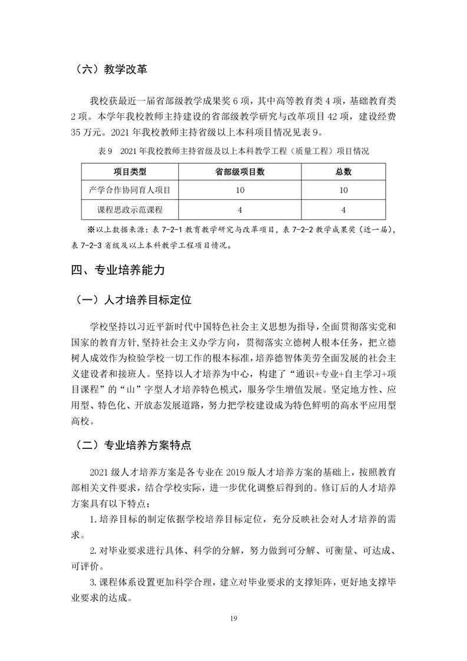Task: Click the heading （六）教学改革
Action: click(111, 70)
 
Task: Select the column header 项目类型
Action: click(130, 172)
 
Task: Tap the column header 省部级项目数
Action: click(240, 172)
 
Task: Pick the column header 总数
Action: click(343, 172)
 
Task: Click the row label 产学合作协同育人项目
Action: click(130, 190)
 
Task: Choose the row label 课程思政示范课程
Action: click(130, 209)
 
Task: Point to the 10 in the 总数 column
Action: click(343, 190)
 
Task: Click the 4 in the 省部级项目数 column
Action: click(240, 209)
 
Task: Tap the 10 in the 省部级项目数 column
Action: click(240, 190)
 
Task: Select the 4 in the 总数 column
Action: click(343, 209)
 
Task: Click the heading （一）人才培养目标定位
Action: click(134, 300)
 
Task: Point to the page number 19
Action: click(233, 618)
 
